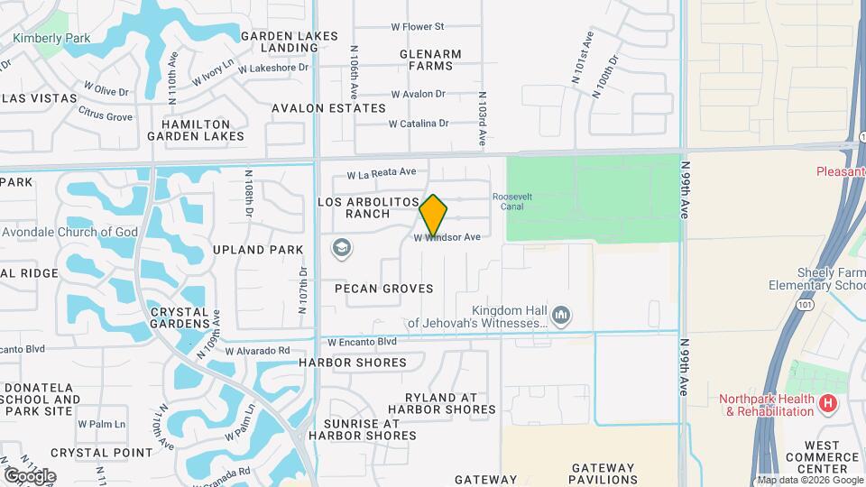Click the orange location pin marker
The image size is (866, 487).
[x=433, y=215]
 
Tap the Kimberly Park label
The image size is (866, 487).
[x=52, y=39]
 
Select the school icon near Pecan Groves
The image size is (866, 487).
[x=342, y=248]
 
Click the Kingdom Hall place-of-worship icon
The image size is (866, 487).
[x=561, y=315]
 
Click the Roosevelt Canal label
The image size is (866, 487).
[x=509, y=201]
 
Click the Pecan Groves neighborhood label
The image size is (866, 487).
[x=383, y=289]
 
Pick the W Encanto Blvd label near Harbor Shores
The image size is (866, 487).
[x=362, y=343]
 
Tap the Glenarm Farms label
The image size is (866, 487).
[x=430, y=60]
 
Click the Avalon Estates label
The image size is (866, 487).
[x=329, y=108]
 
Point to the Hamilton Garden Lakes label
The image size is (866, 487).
[x=196, y=130]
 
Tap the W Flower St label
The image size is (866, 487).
[x=418, y=27]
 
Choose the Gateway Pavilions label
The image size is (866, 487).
[x=604, y=473]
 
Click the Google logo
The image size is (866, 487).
[x=29, y=475]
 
